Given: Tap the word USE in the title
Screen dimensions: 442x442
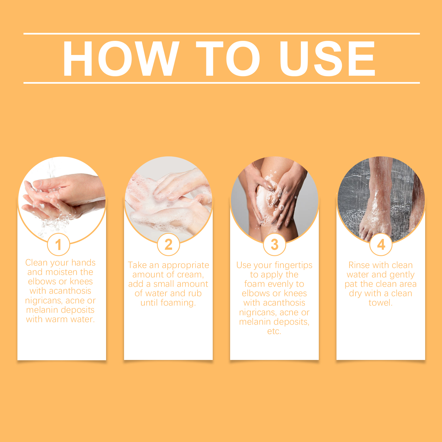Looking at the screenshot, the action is tap(328, 58).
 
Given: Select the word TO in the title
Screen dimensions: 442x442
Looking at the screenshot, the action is tap(228, 58).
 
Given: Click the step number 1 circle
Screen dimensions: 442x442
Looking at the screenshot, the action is tap(58, 244).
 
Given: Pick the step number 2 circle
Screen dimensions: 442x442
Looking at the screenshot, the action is tap(169, 244).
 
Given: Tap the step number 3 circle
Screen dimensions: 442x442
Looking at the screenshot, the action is tap(275, 244).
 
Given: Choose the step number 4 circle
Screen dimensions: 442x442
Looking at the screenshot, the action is tap(381, 244).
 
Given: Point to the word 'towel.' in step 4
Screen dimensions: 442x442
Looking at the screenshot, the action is tap(380, 302).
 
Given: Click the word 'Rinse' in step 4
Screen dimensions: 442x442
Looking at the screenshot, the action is tap(359, 265).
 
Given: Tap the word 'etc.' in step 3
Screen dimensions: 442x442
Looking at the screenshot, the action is tap(274, 331).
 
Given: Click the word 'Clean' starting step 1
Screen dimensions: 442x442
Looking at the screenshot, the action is tap(36, 262).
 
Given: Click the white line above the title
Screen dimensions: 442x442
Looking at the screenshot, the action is tap(222, 34).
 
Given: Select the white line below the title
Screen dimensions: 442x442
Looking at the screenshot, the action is tap(222, 83).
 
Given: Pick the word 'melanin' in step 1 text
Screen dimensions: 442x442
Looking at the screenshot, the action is tap(43, 310).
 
